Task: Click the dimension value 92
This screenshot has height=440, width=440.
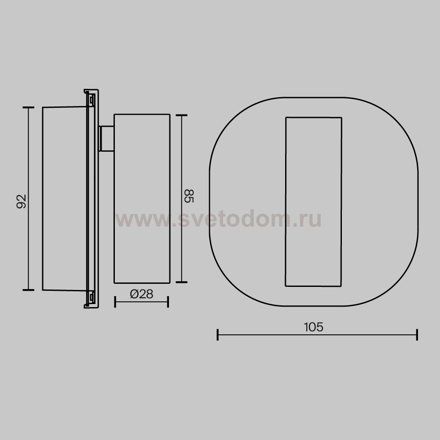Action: [x=21, y=201]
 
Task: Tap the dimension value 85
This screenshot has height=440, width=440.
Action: [x=189, y=196]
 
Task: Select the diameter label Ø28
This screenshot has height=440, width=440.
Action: [x=141, y=294]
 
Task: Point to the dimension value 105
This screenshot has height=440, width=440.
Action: [x=313, y=327]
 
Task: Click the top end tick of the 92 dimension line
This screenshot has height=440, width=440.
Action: [x=28, y=107]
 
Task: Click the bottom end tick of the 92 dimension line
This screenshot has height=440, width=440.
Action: [x=28, y=290]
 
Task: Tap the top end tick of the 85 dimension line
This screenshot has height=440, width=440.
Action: [x=182, y=115]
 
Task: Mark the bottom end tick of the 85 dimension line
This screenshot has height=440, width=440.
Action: [x=182, y=282]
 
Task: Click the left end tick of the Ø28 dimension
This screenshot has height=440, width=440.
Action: [x=115, y=302]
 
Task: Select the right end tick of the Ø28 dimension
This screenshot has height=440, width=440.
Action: [x=168, y=302]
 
